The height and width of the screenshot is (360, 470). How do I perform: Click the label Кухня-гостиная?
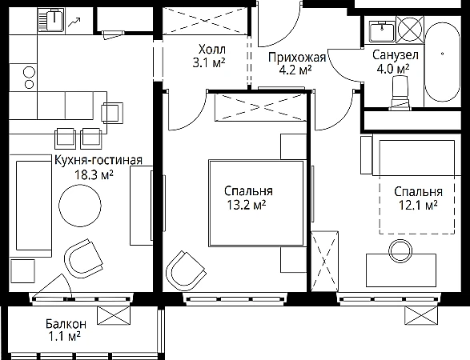tap(98, 161)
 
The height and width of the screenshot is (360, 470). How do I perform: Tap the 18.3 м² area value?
tap(94, 174)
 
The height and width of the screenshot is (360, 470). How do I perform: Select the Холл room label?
tap(212, 49)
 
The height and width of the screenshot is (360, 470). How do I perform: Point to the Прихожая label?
tap(297, 58)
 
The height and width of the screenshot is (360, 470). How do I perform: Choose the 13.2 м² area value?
tap(247, 205)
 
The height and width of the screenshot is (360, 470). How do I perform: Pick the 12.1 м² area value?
tap(418, 206)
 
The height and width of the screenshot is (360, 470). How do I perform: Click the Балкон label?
tap(66, 324)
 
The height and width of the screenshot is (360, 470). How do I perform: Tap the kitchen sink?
tap(51, 20)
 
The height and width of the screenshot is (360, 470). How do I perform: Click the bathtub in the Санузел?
tap(443, 62)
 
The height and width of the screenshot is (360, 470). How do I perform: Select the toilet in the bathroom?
tap(400, 92)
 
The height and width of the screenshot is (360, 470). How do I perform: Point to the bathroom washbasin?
tap(382, 31)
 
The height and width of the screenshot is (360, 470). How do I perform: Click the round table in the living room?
tap(80, 206)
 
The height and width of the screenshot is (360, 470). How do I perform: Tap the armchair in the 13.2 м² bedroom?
tap(185, 270)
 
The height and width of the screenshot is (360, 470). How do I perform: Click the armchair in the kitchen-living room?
tap(84, 258)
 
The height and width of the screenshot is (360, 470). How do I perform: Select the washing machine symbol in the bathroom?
tap(410, 30)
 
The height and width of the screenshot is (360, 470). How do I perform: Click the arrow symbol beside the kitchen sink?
tap(74, 22)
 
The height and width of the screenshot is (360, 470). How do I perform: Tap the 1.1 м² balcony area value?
tap(64, 337)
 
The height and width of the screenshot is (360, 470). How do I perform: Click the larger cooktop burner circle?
tap(29, 73)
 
